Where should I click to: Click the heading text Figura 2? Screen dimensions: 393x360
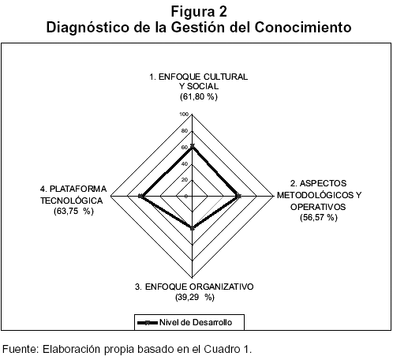[199, 12]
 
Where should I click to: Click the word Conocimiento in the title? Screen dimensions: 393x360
[303, 27]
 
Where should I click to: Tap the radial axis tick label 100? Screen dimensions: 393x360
[184, 114]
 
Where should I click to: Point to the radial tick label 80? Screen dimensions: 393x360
[185, 131]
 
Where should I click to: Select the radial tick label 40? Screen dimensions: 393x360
[185, 164]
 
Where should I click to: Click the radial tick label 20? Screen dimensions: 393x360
[185, 180]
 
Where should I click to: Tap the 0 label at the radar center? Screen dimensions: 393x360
[186, 197]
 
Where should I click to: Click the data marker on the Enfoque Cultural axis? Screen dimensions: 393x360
[193, 146]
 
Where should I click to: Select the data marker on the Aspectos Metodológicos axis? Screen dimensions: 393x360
[238, 196]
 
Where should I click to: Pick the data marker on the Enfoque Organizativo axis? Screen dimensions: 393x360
[193, 228]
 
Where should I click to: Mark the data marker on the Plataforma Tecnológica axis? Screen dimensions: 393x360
[140, 196]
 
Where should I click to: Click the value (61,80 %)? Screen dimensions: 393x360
[199, 97]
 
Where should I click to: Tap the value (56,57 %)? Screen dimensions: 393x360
[319, 217]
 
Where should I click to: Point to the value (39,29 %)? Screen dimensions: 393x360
[195, 298]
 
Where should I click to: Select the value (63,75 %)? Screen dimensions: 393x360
[73, 211]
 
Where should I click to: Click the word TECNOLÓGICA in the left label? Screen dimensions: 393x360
[72, 201]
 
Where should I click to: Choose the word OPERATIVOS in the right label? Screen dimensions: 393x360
[318, 207]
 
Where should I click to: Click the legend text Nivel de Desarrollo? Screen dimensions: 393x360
[196, 322]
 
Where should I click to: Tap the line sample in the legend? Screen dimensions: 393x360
[148, 323]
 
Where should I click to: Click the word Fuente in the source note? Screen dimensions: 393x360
[21, 349]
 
